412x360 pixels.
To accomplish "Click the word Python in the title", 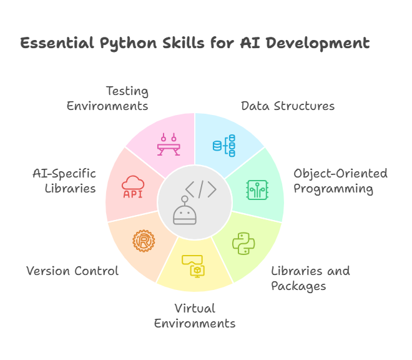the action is point(128,44).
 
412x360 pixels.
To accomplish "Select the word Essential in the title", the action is point(57,43).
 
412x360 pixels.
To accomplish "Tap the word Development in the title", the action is point(318,44).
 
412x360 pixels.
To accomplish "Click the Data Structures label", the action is point(288,106).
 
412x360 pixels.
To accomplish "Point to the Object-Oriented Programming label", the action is point(341,181).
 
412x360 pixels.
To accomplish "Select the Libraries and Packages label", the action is point(310,278).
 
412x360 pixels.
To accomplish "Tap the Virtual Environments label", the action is point(195,316).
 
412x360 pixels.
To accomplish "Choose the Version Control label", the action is point(72,271).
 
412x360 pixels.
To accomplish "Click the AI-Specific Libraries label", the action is point(64,181).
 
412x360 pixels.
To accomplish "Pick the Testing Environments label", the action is point(107,98).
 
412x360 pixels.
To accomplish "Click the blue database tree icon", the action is point(224,146).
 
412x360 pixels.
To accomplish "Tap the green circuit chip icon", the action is point(257,190).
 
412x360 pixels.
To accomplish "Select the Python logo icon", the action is point(243,243).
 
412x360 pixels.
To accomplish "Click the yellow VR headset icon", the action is point(193,266).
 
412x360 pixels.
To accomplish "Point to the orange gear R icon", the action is point(144,241).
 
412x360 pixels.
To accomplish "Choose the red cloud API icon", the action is point(133,187).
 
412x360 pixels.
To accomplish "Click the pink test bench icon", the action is point(169,144).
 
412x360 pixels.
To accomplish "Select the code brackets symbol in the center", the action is point(201,189).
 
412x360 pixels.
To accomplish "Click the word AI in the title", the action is point(250,43).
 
